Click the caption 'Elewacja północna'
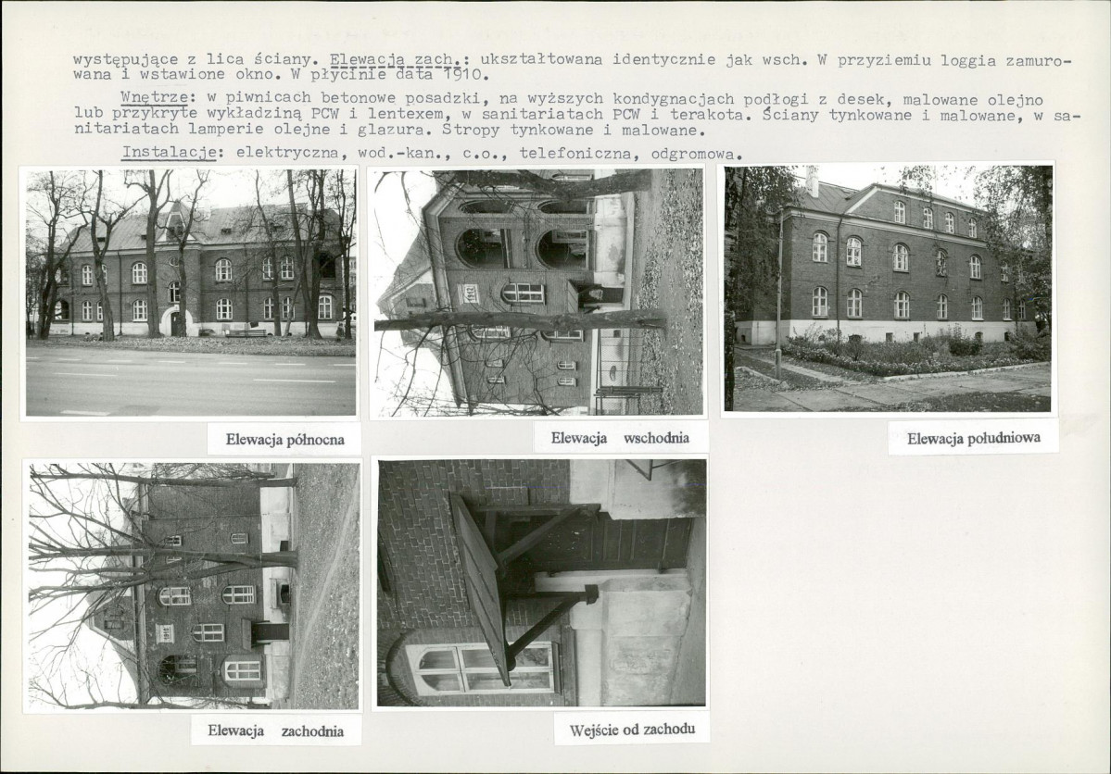pos(284,440)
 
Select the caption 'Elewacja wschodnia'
pos(620,438)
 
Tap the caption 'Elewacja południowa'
pos(974,438)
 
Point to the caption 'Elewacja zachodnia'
pos(275,730)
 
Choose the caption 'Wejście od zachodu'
pos(632,730)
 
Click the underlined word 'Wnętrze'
pos(154,97)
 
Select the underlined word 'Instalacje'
pos(169,152)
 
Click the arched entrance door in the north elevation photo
pos(174,322)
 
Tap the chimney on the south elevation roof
pos(812,182)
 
